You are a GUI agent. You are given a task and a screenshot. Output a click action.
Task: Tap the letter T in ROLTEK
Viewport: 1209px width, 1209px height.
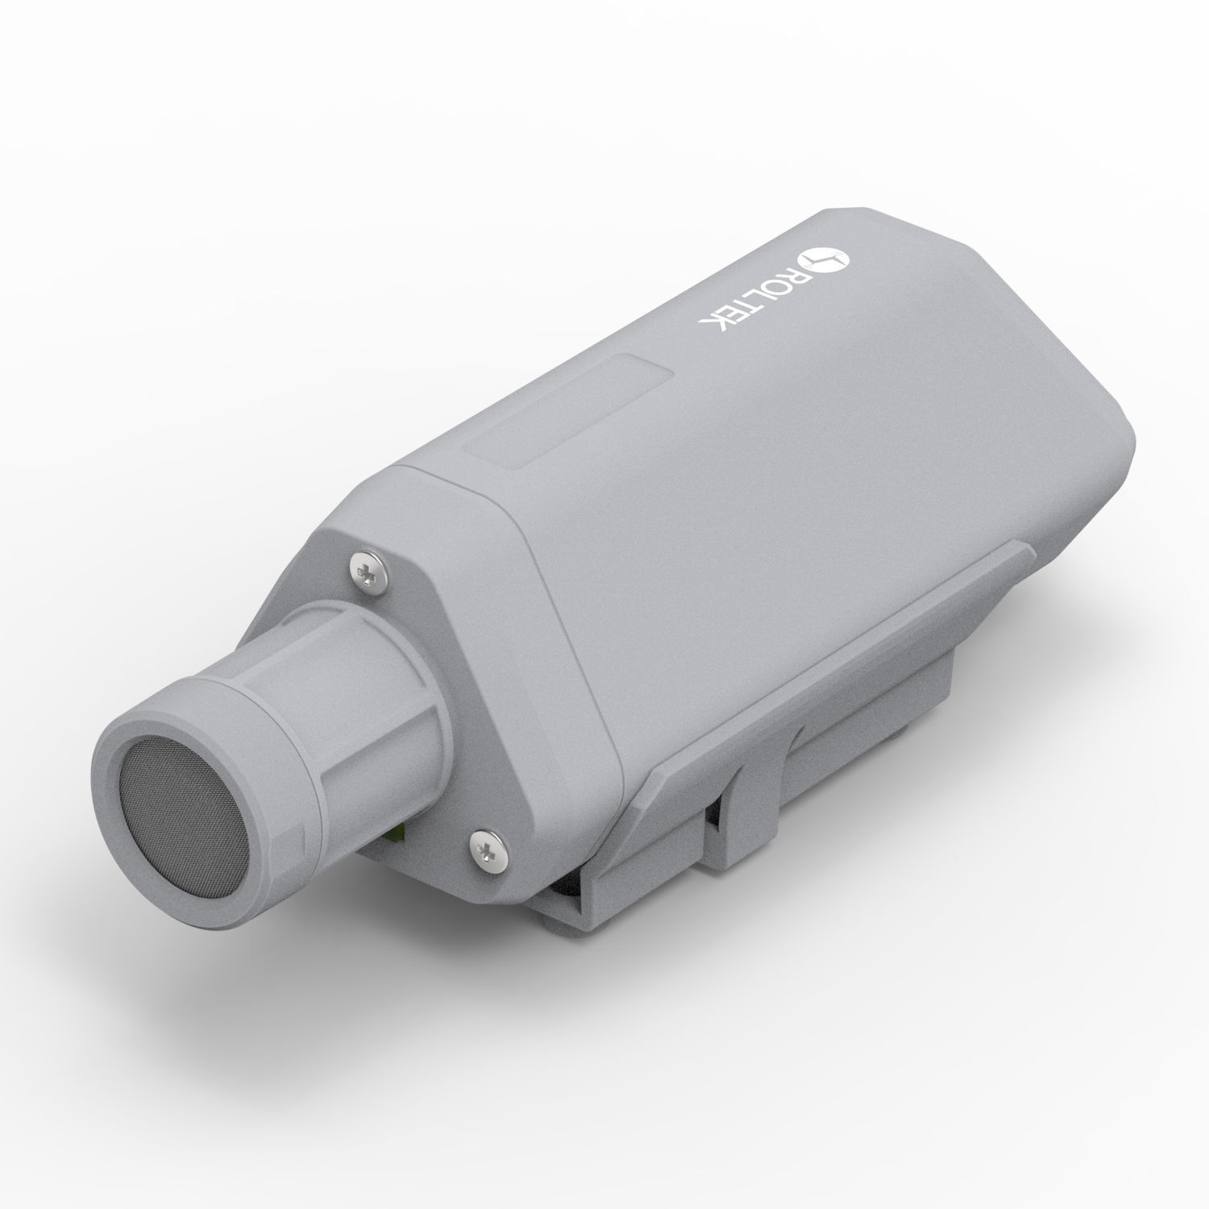[749, 302]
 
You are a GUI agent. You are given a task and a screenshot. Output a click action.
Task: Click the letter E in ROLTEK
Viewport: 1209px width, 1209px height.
[732, 310]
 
